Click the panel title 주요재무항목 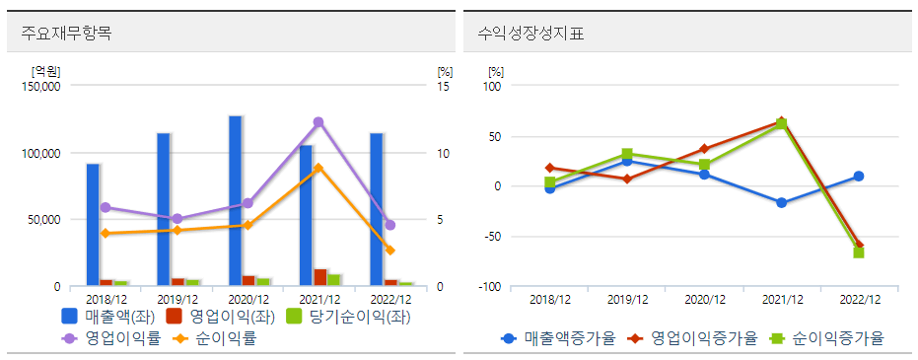pyautogui.click(x=66, y=34)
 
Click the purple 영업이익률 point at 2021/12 pyautogui.click(x=318, y=122)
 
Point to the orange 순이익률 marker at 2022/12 pyautogui.click(x=389, y=251)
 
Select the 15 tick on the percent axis pyautogui.click(x=443, y=86)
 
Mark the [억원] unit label pyautogui.click(x=45, y=70)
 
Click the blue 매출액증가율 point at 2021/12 pyautogui.click(x=781, y=202)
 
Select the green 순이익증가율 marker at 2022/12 pyautogui.click(x=858, y=252)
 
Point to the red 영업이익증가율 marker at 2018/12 pyautogui.click(x=550, y=168)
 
